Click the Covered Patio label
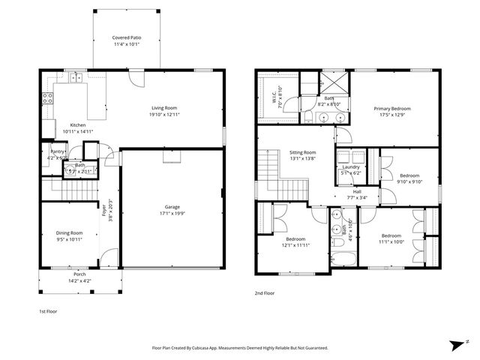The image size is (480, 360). (x=126, y=37)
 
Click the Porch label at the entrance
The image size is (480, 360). (x=79, y=274)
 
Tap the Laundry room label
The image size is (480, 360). (x=351, y=166)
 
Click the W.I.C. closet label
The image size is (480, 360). (x=274, y=96)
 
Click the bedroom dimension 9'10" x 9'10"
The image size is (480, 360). (x=409, y=181)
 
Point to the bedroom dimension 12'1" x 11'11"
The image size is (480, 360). (x=295, y=245)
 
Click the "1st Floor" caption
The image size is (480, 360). (x=48, y=310)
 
